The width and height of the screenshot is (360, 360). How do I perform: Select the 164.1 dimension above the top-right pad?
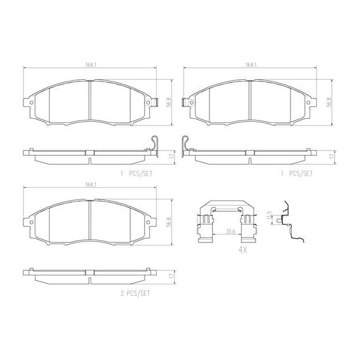(249, 66)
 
